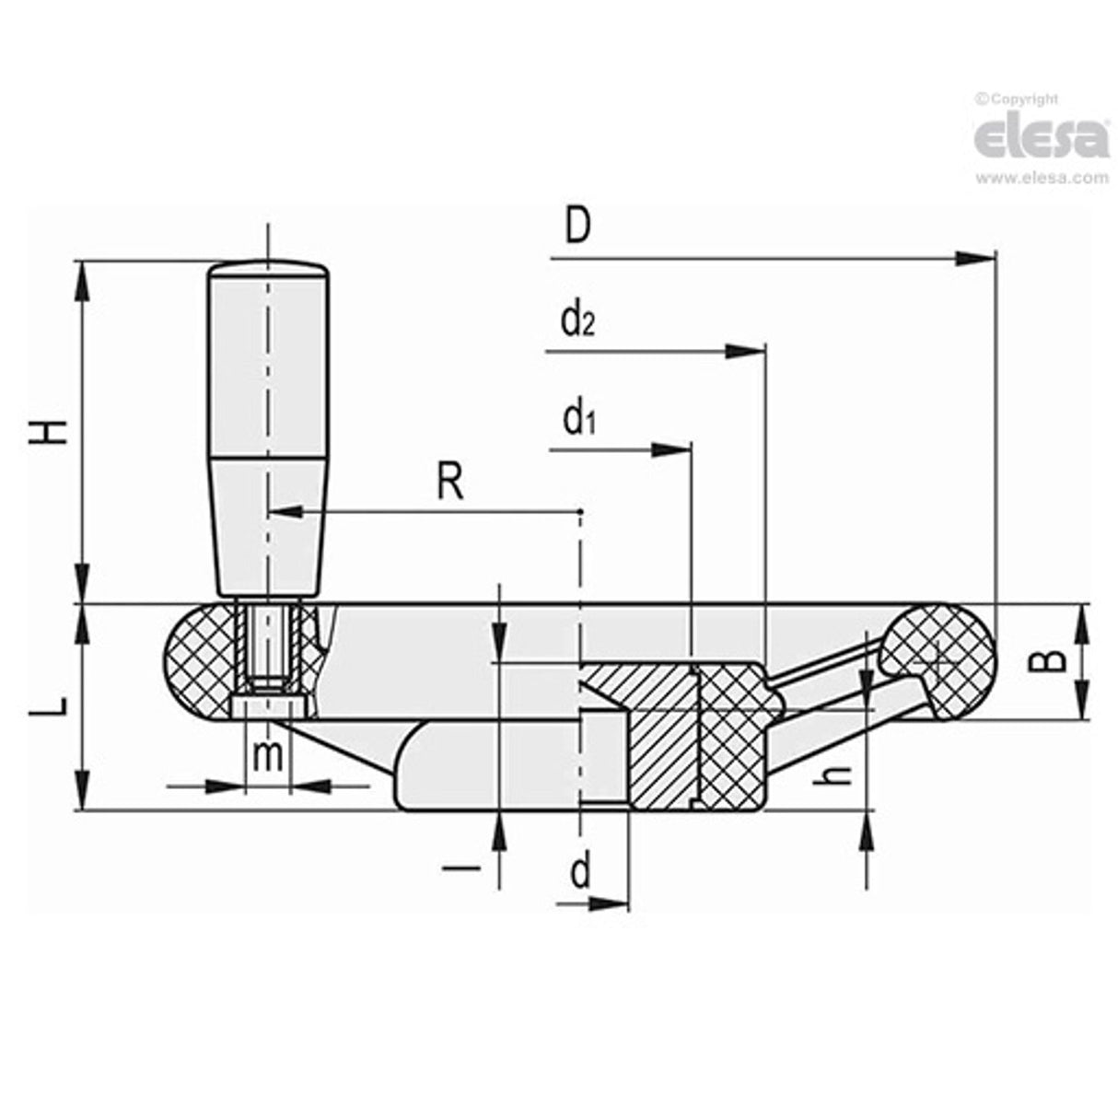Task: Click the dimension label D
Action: tap(576, 227)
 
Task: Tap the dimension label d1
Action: tap(579, 420)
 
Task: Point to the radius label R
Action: tap(449, 482)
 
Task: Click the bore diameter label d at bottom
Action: tap(579, 871)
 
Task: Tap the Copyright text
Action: tap(1018, 99)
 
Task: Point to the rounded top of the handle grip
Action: tap(268, 269)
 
